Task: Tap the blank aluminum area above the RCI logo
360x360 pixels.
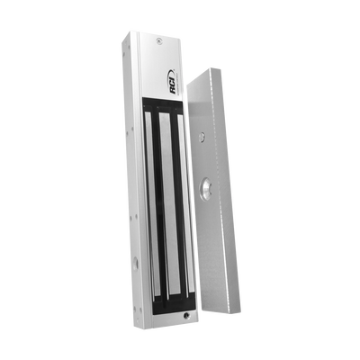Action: pos(166,56)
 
